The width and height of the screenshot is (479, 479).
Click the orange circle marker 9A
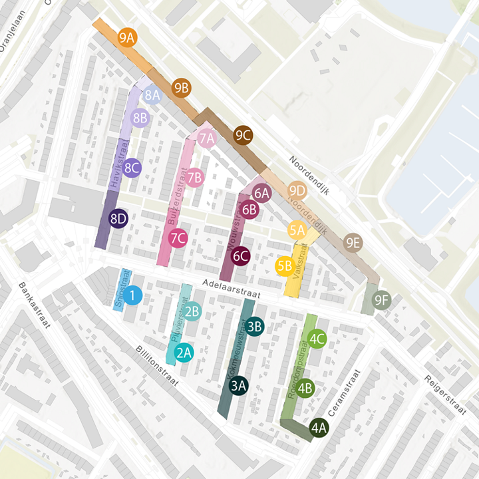(127, 37)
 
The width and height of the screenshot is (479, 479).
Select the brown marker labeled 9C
(243, 136)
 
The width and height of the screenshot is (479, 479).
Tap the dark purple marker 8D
(118, 219)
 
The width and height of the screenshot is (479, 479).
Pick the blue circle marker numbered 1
(133, 296)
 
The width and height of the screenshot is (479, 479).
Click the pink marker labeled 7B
(195, 178)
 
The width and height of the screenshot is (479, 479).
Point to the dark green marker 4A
(319, 428)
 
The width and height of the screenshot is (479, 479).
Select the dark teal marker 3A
(239, 385)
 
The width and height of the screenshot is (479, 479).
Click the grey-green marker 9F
(382, 301)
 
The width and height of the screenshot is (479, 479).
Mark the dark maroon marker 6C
(241, 255)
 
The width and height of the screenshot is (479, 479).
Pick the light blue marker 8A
(152, 96)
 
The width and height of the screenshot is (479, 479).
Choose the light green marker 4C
(317, 339)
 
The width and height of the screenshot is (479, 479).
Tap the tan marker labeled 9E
(353, 243)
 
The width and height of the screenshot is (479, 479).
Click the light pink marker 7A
(207, 138)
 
